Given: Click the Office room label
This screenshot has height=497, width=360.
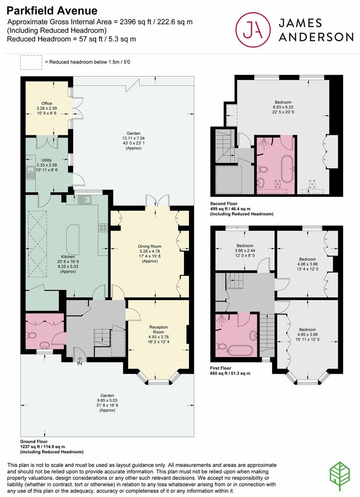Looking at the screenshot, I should pos(46,104).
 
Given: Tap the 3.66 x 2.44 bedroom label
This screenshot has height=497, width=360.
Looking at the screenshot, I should pos(245,246).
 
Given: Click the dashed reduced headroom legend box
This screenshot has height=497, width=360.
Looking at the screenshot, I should pos(31,61).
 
